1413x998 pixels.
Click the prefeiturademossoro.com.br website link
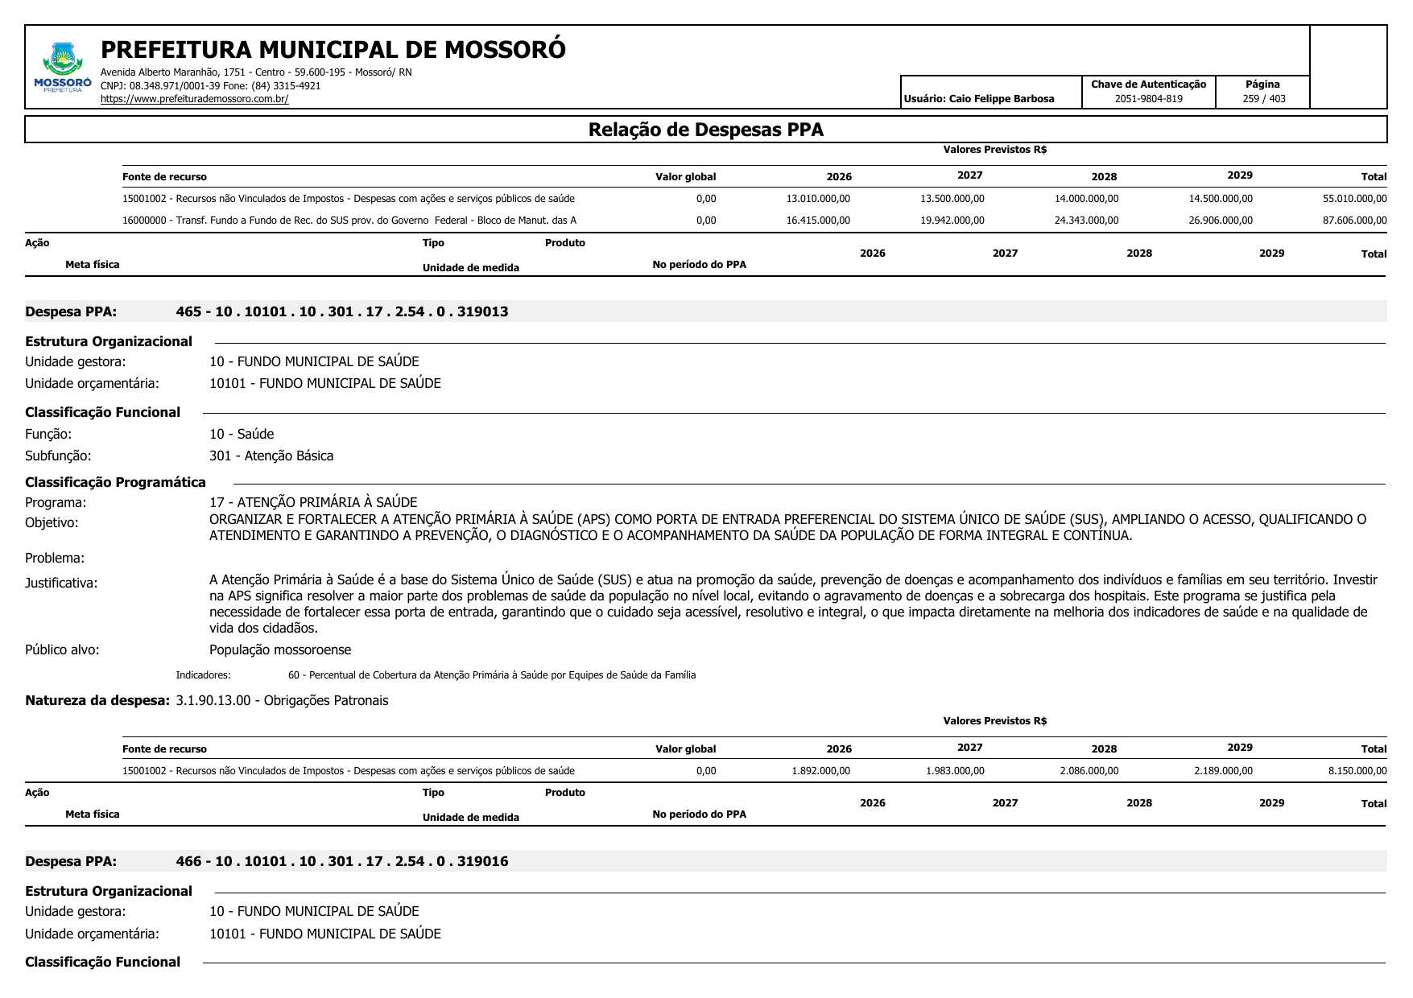pyautogui.click(x=194, y=99)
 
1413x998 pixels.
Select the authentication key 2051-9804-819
pyautogui.click(x=1148, y=99)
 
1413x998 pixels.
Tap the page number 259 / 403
pyautogui.click(x=1263, y=99)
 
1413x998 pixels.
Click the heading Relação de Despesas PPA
pyautogui.click(x=705, y=130)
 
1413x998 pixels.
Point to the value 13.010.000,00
pyautogui.click(x=818, y=199)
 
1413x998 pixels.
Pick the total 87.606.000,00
pyautogui.click(x=1354, y=221)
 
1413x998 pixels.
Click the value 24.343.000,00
pyautogui.click(x=1086, y=221)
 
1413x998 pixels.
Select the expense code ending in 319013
pyautogui.click(x=342, y=311)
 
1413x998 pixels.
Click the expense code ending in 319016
pyautogui.click(x=342, y=861)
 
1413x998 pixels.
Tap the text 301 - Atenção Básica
pyautogui.click(x=271, y=456)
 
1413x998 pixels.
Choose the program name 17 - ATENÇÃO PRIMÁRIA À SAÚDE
pyautogui.click(x=313, y=502)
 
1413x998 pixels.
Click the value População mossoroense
pyautogui.click(x=280, y=650)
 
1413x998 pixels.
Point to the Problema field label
pyautogui.click(x=55, y=558)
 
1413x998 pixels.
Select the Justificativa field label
pyautogui.click(x=61, y=583)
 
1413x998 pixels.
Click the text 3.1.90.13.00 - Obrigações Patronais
pyautogui.click(x=282, y=700)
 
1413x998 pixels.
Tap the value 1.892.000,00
pyautogui.click(x=820, y=771)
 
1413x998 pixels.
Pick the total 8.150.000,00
pyautogui.click(x=1357, y=771)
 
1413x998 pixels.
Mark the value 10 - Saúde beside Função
pyautogui.click(x=242, y=434)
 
